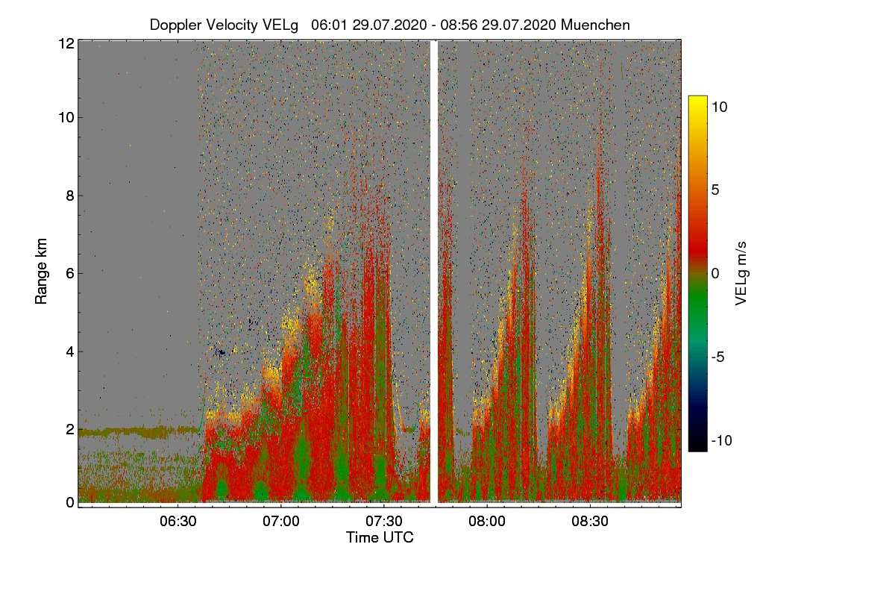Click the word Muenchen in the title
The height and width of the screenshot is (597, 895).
tap(595, 25)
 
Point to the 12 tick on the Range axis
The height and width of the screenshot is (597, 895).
tap(66, 43)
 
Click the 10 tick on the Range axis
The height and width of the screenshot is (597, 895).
tap(66, 117)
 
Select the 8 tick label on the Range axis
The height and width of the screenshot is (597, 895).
tap(69, 196)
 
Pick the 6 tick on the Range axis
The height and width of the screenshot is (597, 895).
tap(69, 273)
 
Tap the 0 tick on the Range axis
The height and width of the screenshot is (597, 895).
tap(69, 502)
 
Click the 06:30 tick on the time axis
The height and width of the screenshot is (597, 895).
tap(178, 522)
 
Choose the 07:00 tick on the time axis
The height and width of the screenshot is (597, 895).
tap(281, 522)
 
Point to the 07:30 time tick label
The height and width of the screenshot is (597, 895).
tap(383, 522)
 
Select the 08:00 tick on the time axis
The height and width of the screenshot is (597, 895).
tap(486, 522)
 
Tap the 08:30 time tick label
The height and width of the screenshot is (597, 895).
tap(589, 522)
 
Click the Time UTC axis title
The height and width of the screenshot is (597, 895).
tap(380, 537)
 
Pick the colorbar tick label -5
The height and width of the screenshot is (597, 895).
tap(719, 357)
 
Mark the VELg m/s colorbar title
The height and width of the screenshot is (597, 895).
tap(741, 273)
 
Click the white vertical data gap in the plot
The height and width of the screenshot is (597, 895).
tap(434, 269)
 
